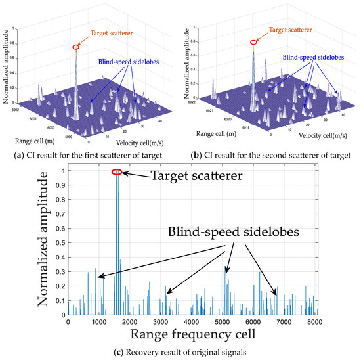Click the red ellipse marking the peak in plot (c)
(117, 172)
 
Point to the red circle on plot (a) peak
(76, 47)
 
